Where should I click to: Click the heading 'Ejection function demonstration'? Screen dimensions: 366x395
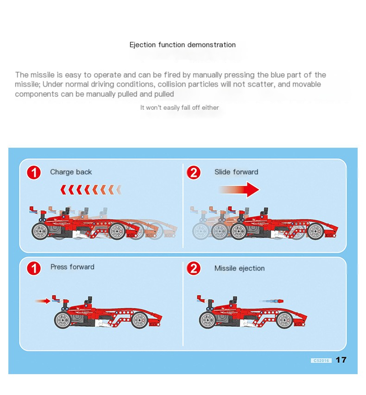(x=183, y=45)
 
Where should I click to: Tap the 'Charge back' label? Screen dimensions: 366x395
(x=71, y=172)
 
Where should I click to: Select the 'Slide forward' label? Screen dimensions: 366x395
(x=236, y=172)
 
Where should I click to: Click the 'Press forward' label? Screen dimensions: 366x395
(x=72, y=267)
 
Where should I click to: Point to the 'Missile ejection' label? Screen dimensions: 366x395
(x=240, y=269)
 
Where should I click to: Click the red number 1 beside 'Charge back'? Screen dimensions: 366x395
(x=34, y=173)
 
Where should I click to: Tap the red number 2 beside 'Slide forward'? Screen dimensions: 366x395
(x=194, y=173)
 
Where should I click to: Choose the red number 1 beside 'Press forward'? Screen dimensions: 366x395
(x=34, y=268)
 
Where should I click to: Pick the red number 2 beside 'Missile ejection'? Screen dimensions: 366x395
(x=194, y=268)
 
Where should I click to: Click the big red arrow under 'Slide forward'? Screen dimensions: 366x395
(x=240, y=190)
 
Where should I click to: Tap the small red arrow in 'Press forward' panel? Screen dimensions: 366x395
(x=43, y=301)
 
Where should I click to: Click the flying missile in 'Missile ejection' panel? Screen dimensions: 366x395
(x=271, y=301)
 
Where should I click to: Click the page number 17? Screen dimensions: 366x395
(x=341, y=360)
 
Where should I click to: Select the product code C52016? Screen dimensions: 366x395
(x=321, y=360)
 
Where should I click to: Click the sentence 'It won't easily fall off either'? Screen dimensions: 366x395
(x=179, y=108)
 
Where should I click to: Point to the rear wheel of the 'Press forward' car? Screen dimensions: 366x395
(x=62, y=320)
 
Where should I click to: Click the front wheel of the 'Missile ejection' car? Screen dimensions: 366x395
(x=284, y=320)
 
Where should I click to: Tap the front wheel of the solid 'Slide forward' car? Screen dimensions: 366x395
(x=316, y=231)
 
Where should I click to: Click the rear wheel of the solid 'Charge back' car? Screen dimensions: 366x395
(x=40, y=231)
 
